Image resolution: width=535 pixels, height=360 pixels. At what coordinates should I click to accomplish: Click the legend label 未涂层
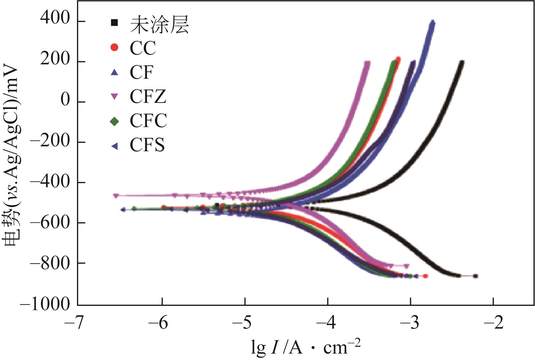point(159,24)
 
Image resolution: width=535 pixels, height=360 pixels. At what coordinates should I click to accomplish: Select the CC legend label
point(143,48)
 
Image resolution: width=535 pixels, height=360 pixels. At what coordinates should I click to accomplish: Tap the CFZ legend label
point(148,96)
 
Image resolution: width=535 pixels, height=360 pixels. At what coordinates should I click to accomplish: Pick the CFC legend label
point(148,121)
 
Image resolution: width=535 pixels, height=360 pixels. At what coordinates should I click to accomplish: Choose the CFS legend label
point(147,145)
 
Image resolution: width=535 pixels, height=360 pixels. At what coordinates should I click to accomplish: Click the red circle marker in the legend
point(114,47)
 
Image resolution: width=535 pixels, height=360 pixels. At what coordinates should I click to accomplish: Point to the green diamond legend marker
point(114,121)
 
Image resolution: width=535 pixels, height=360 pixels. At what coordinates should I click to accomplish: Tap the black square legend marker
point(114,23)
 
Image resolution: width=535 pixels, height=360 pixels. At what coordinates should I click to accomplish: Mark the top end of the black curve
point(462,62)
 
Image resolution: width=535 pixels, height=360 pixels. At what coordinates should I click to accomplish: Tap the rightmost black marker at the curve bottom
point(475,276)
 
